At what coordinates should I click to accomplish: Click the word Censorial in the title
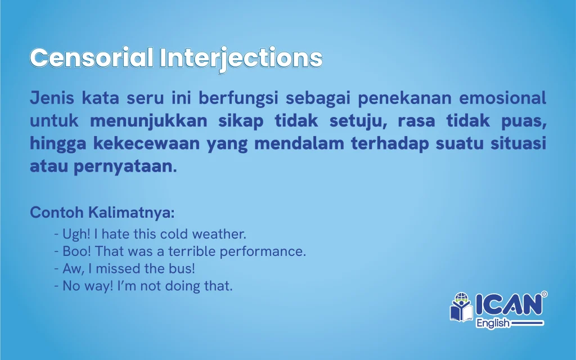click(92, 58)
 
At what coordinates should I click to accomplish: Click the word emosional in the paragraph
click(502, 98)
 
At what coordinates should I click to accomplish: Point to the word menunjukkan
click(148, 121)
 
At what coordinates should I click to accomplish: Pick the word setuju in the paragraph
click(358, 121)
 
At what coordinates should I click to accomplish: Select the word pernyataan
click(125, 166)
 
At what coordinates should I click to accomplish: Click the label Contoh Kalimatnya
click(102, 212)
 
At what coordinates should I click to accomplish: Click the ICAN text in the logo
click(509, 304)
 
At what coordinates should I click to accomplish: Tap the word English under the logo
click(493, 323)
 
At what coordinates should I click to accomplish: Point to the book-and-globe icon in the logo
click(461, 307)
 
